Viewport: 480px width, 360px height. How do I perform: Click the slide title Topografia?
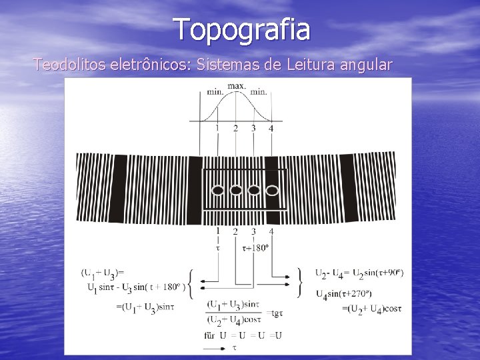pos(241,29)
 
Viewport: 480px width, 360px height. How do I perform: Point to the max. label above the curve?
pos(236,86)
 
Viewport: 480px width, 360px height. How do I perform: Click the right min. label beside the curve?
pos(259,91)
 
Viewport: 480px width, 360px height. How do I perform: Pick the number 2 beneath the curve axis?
pos(235,129)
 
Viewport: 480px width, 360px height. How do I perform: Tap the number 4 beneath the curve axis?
pos(271,129)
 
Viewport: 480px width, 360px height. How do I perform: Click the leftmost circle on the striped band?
pos(217,191)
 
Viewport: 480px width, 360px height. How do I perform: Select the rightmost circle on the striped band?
pos(272,191)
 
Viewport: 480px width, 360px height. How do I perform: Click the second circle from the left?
pos(235,191)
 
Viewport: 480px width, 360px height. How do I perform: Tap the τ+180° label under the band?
pos(257,247)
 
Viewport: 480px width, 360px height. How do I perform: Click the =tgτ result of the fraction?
pos(275,313)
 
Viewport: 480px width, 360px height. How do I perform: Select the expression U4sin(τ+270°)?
pos(343,294)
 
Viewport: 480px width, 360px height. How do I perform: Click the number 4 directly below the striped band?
pos(271,231)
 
